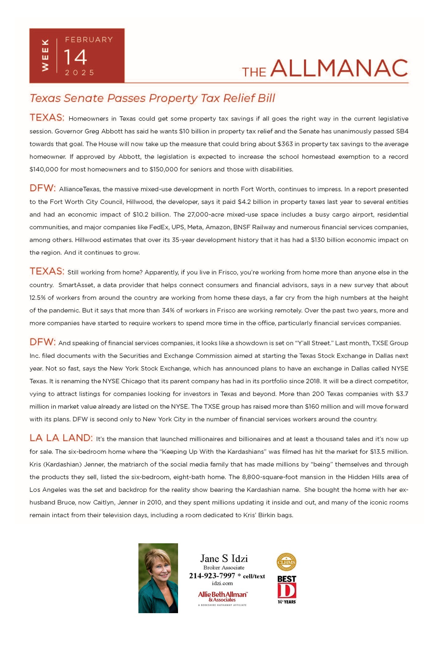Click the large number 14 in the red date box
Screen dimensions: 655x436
pos(76,57)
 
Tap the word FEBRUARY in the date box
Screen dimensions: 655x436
pos(89,40)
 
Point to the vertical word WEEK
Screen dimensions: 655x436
pos(45,55)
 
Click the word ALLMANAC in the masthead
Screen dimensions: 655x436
pos(339,68)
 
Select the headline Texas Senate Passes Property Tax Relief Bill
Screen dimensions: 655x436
pos(152,98)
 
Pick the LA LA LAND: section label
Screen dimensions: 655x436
pos(61,438)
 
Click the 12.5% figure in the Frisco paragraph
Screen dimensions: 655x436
pos(37,298)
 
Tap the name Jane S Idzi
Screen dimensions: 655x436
pos(224,559)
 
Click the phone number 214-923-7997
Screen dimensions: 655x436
pos(212,576)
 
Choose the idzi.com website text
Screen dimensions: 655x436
pos(222,583)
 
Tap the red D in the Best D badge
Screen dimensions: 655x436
pos(287,590)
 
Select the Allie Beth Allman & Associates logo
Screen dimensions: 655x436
pos(222,596)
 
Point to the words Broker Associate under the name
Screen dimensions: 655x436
pos(224,568)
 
